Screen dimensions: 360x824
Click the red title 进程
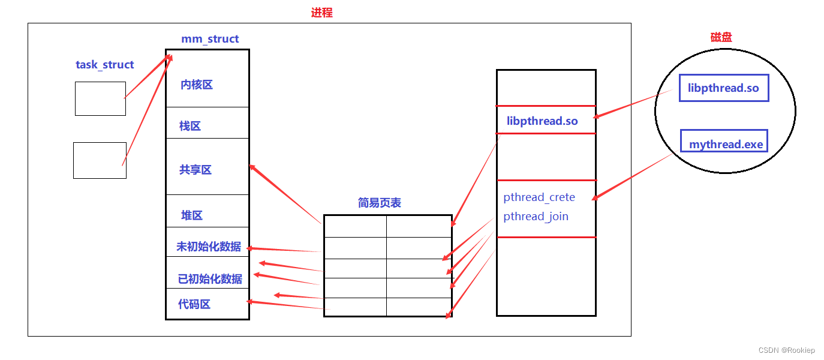pyautogui.click(x=321, y=13)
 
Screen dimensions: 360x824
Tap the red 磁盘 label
pyautogui.click(x=721, y=37)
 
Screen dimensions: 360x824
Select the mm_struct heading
pyautogui.click(x=210, y=39)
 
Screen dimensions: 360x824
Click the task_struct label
pyautogui.click(x=105, y=65)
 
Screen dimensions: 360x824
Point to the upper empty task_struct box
pyautogui.click(x=100, y=98)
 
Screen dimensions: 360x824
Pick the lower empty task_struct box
pyautogui.click(x=100, y=160)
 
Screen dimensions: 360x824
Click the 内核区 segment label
pyautogui.click(x=197, y=85)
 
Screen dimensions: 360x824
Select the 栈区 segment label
pyautogui.click(x=190, y=126)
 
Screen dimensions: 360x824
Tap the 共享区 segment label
pyautogui.click(x=196, y=170)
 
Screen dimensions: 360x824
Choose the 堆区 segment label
pyautogui.click(x=192, y=215)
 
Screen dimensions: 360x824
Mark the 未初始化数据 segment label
pyautogui.click(x=209, y=247)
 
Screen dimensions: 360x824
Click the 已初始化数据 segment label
pyautogui.click(x=210, y=279)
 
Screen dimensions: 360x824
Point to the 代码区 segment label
pyautogui.click(x=194, y=304)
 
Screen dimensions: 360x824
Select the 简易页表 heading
pyautogui.click(x=379, y=203)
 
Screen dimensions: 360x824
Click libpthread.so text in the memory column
pyautogui.click(x=542, y=121)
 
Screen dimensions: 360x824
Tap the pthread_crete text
pyautogui.click(x=539, y=197)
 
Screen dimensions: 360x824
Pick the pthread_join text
pyautogui.click(x=536, y=217)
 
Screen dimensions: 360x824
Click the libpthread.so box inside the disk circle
pyautogui.click(x=724, y=88)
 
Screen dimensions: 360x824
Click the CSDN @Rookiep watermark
pyautogui.click(x=786, y=350)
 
